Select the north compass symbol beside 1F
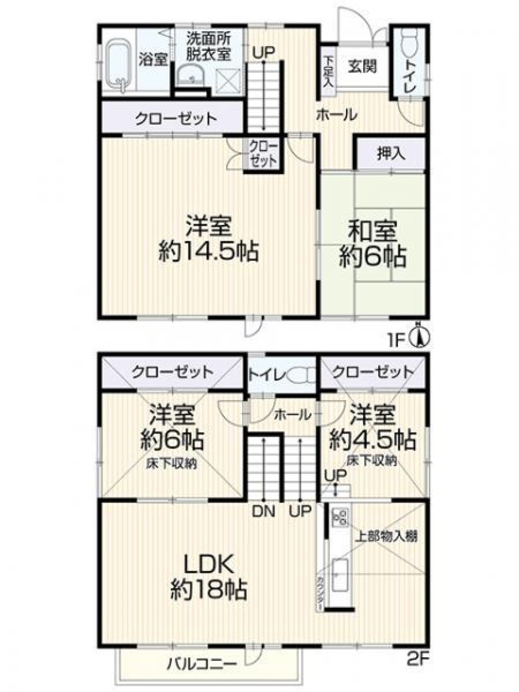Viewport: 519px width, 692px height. pyautogui.click(x=421, y=336)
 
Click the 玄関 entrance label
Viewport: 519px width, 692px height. pyautogui.click(x=362, y=66)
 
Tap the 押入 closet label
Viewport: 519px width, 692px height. pyautogui.click(x=391, y=154)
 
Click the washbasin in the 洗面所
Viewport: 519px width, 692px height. pyautogui.click(x=191, y=76)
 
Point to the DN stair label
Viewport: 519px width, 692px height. pyautogui.click(x=264, y=511)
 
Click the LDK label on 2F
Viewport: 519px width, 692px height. pyautogui.click(x=208, y=563)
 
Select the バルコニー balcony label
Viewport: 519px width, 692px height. pyautogui.click(x=202, y=663)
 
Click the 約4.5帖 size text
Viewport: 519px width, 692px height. pyautogui.click(x=373, y=440)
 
